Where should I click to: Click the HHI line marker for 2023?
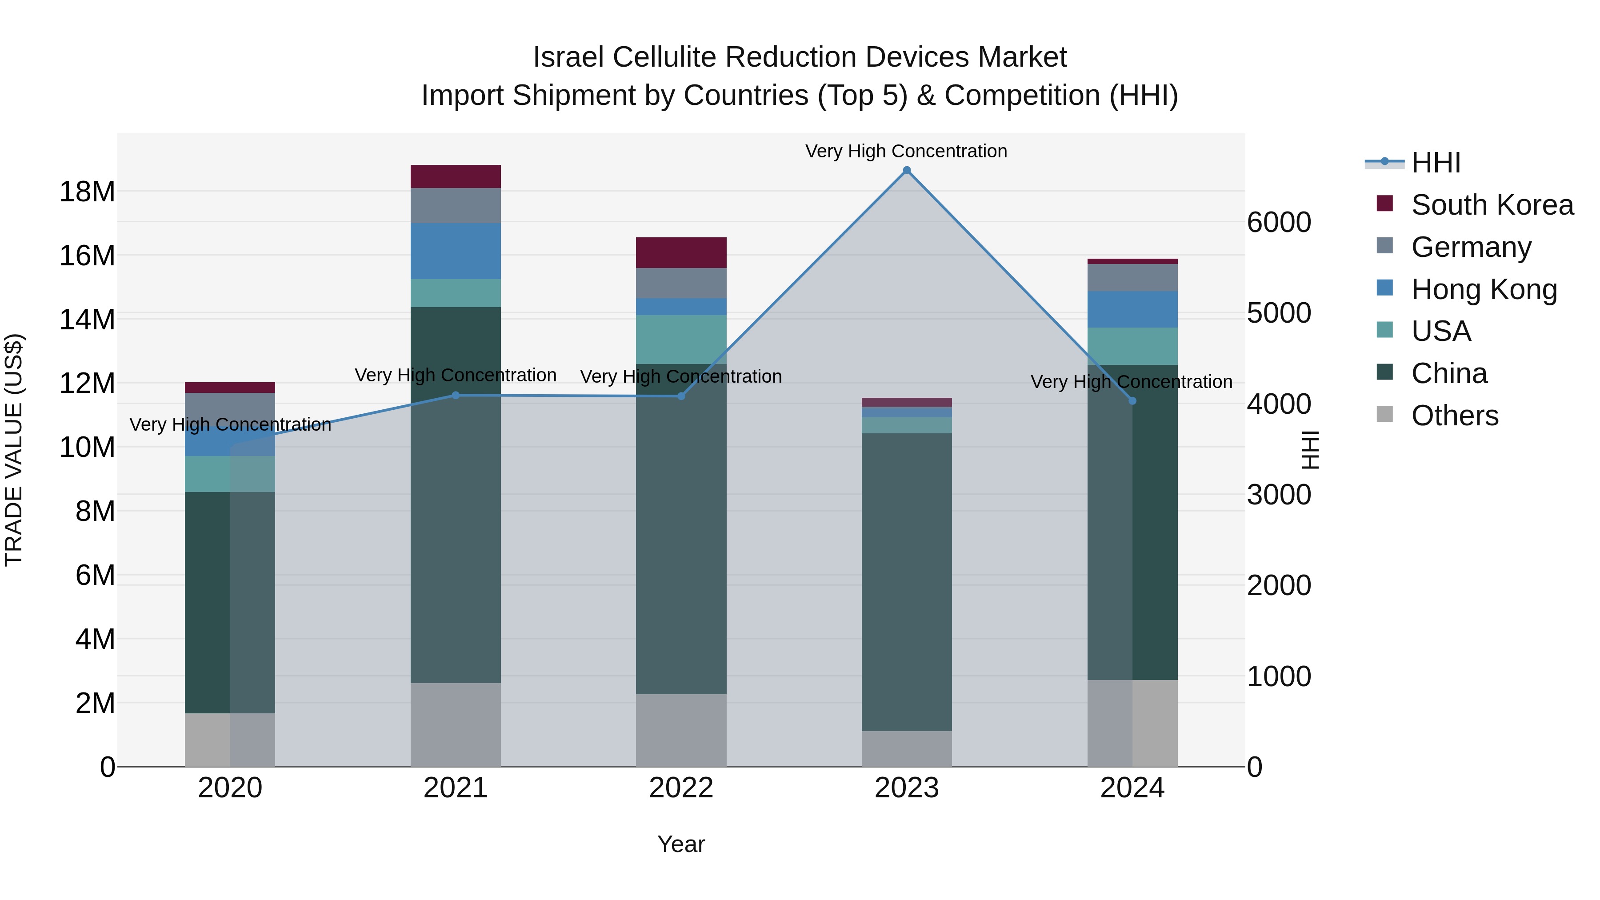tap(906, 170)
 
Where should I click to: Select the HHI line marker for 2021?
tap(455, 395)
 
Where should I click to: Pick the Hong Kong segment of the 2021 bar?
tap(455, 251)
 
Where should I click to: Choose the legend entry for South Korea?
tap(1491, 205)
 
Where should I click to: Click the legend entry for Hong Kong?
tap(1483, 289)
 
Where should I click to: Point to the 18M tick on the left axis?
tap(87, 191)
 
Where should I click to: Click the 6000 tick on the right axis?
tap(1279, 222)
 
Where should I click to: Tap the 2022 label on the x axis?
tap(681, 788)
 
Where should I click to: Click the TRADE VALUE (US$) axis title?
tap(14, 450)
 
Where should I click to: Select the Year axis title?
tap(681, 844)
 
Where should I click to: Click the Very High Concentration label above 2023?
tap(906, 151)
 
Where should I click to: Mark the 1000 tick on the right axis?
tap(1279, 676)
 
